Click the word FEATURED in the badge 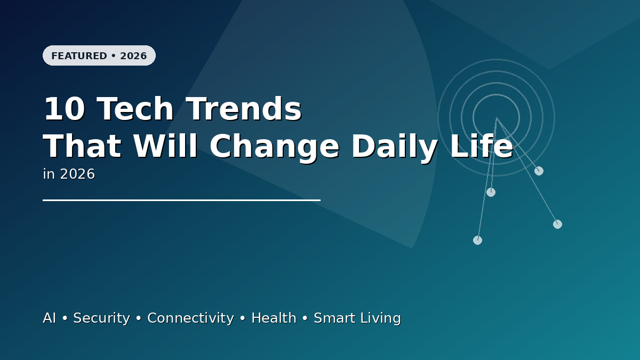[x=79, y=56]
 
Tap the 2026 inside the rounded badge [x=133, y=56]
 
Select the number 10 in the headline [x=64, y=109]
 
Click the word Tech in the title [x=135, y=109]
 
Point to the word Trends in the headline [x=244, y=109]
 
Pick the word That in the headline [x=82, y=147]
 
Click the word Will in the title [x=165, y=147]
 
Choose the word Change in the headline [x=274, y=147]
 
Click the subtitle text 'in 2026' [x=69, y=174]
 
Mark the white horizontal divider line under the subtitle [x=181, y=201]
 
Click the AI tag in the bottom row [x=49, y=318]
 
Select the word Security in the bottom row [x=101, y=318]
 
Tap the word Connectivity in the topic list [x=190, y=318]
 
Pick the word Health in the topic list [x=274, y=318]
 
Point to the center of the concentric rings [x=496, y=117]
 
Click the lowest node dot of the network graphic [x=477, y=240]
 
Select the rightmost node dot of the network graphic [x=557, y=224]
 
